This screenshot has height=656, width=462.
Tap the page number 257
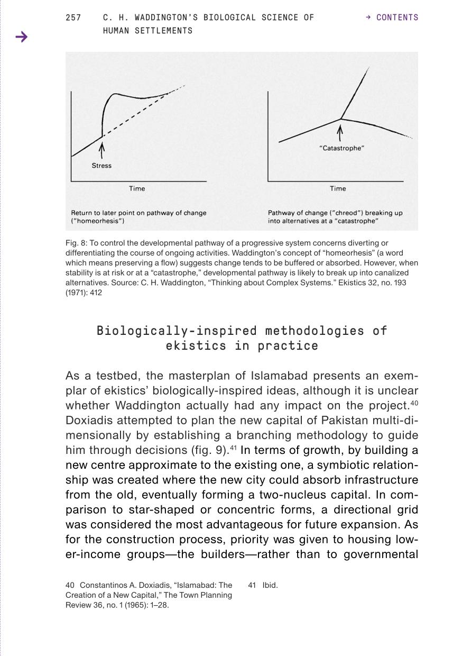click(73, 17)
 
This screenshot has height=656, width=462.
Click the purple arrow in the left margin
click(21, 37)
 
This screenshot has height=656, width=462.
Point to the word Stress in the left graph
click(101, 166)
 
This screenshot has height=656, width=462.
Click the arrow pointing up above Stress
click(102, 149)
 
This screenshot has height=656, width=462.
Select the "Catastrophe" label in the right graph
click(342, 148)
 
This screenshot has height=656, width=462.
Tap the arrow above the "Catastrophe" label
click(340, 133)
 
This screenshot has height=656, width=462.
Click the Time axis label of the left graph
click(137, 188)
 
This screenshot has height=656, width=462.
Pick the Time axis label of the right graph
click(338, 188)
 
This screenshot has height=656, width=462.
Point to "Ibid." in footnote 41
click(270, 585)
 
